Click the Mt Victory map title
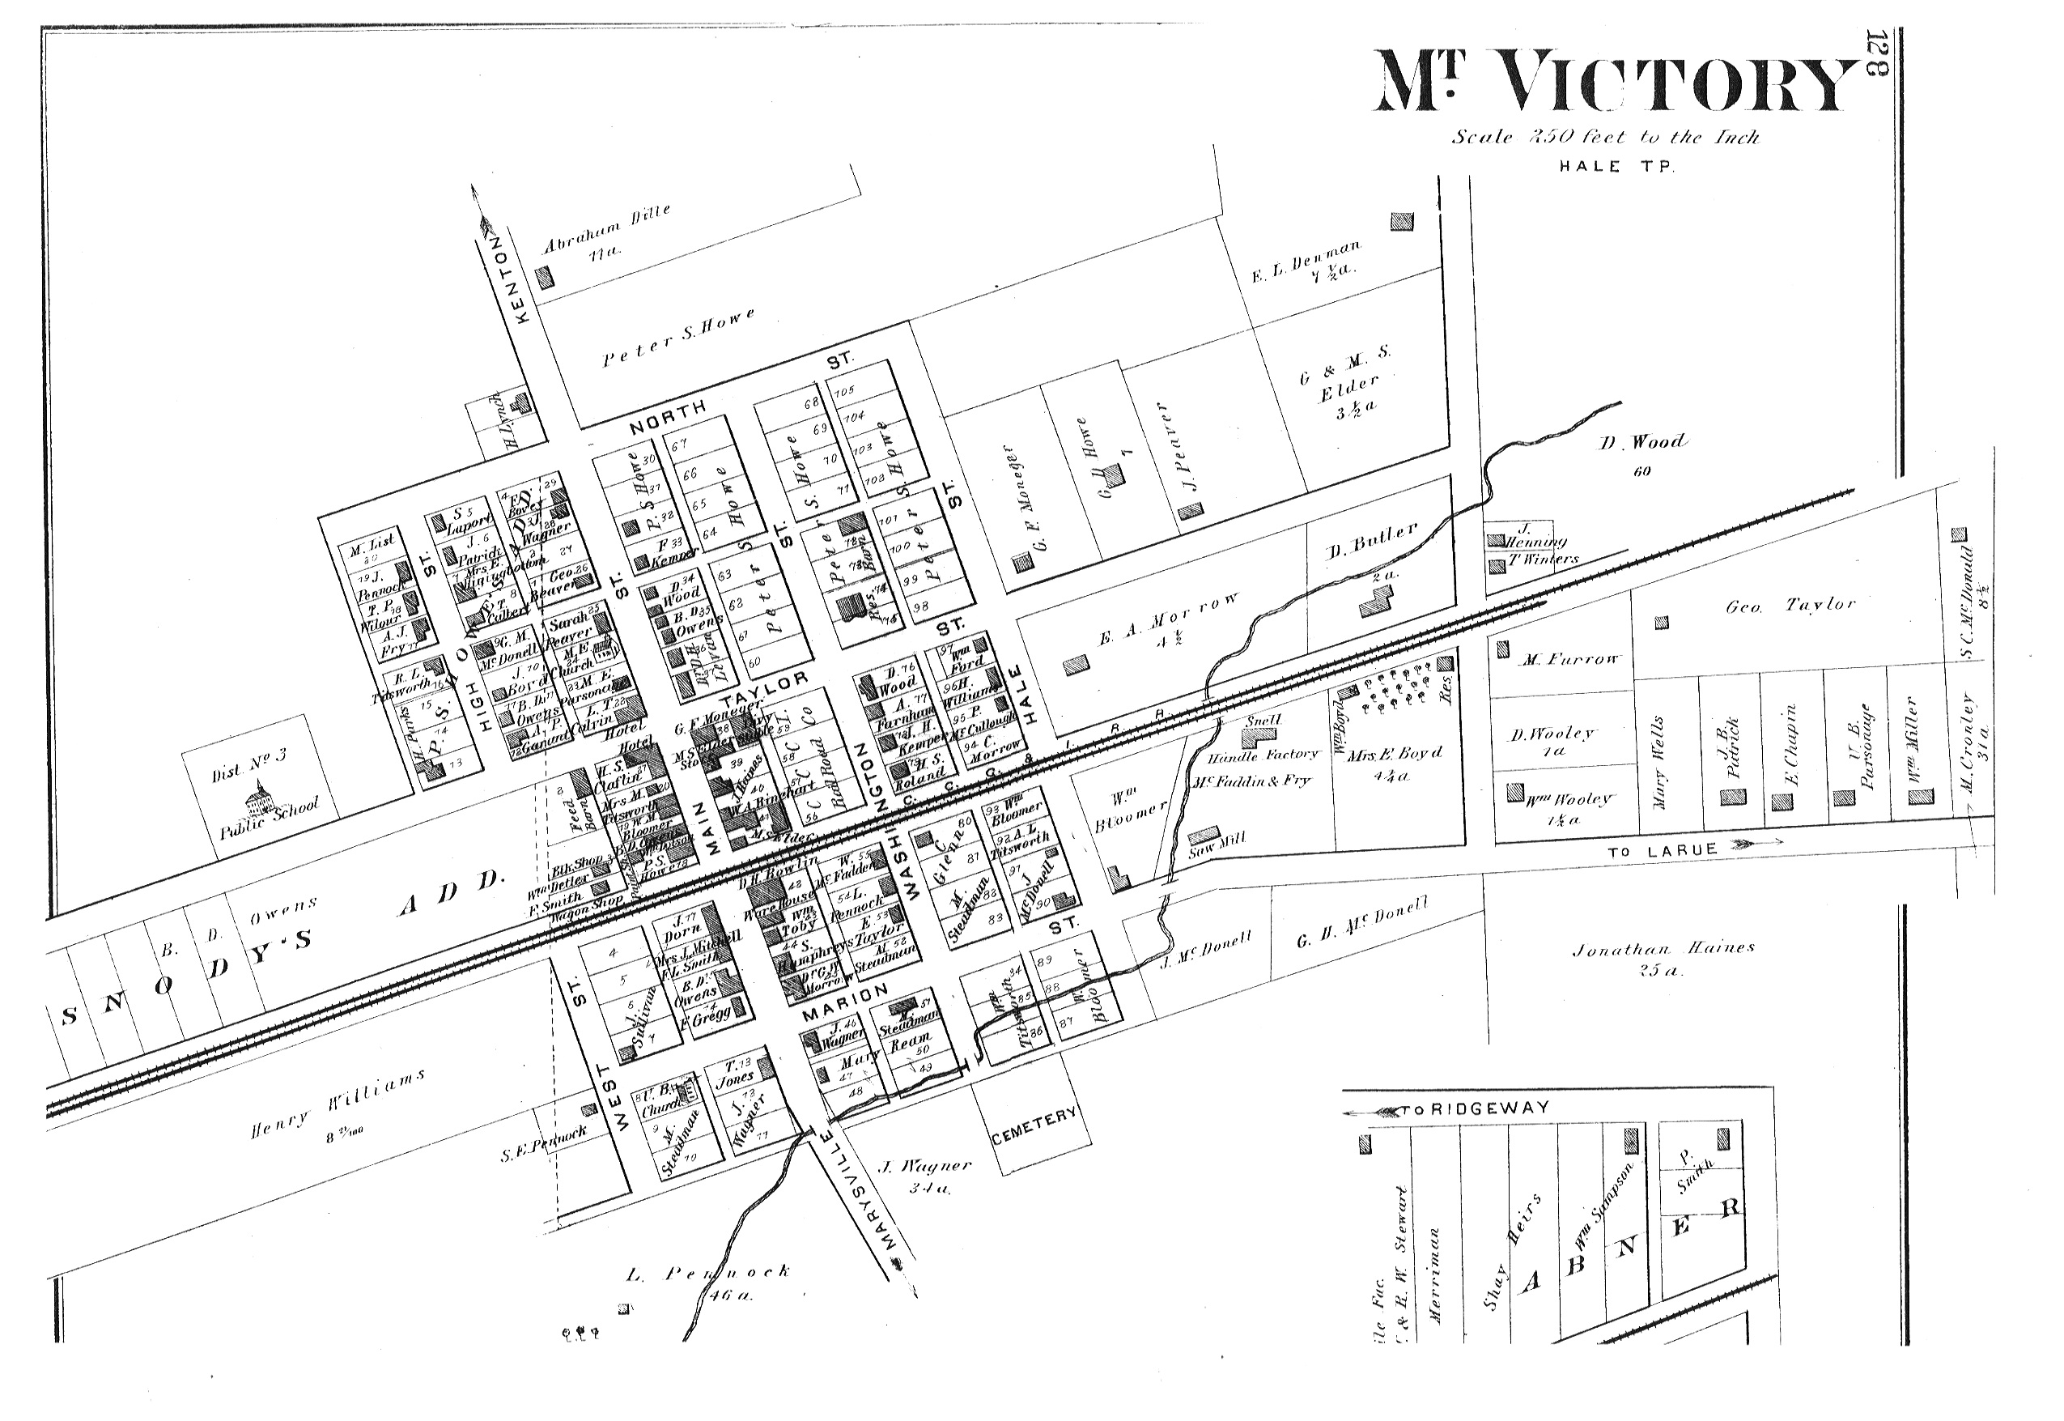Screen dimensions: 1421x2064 [1616, 83]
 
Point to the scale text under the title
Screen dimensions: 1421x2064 [1606, 137]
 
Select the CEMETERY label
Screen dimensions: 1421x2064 [1034, 1125]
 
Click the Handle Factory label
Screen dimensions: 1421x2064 [1262, 754]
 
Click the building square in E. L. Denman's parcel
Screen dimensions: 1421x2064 [1402, 221]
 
